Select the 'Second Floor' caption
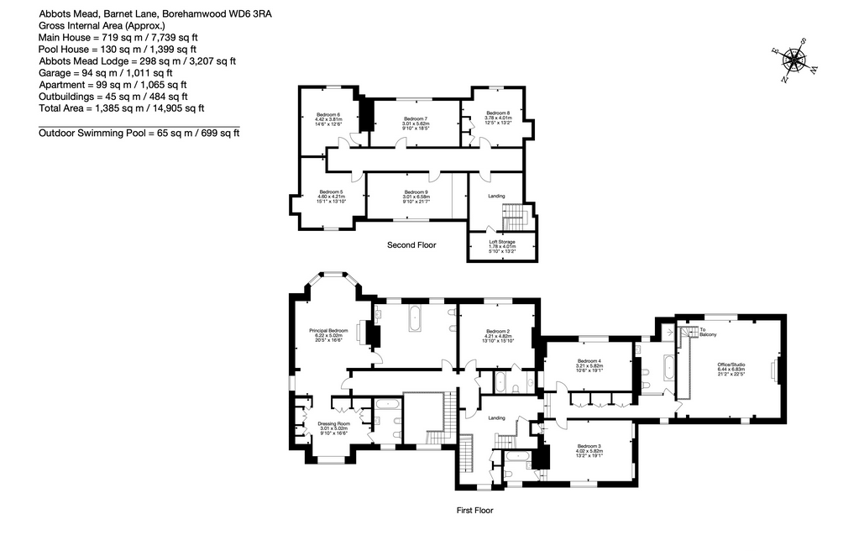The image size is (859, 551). (411, 245)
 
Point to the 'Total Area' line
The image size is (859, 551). (122, 108)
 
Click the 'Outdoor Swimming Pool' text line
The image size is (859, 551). (139, 133)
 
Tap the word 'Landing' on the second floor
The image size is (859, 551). (497, 197)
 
